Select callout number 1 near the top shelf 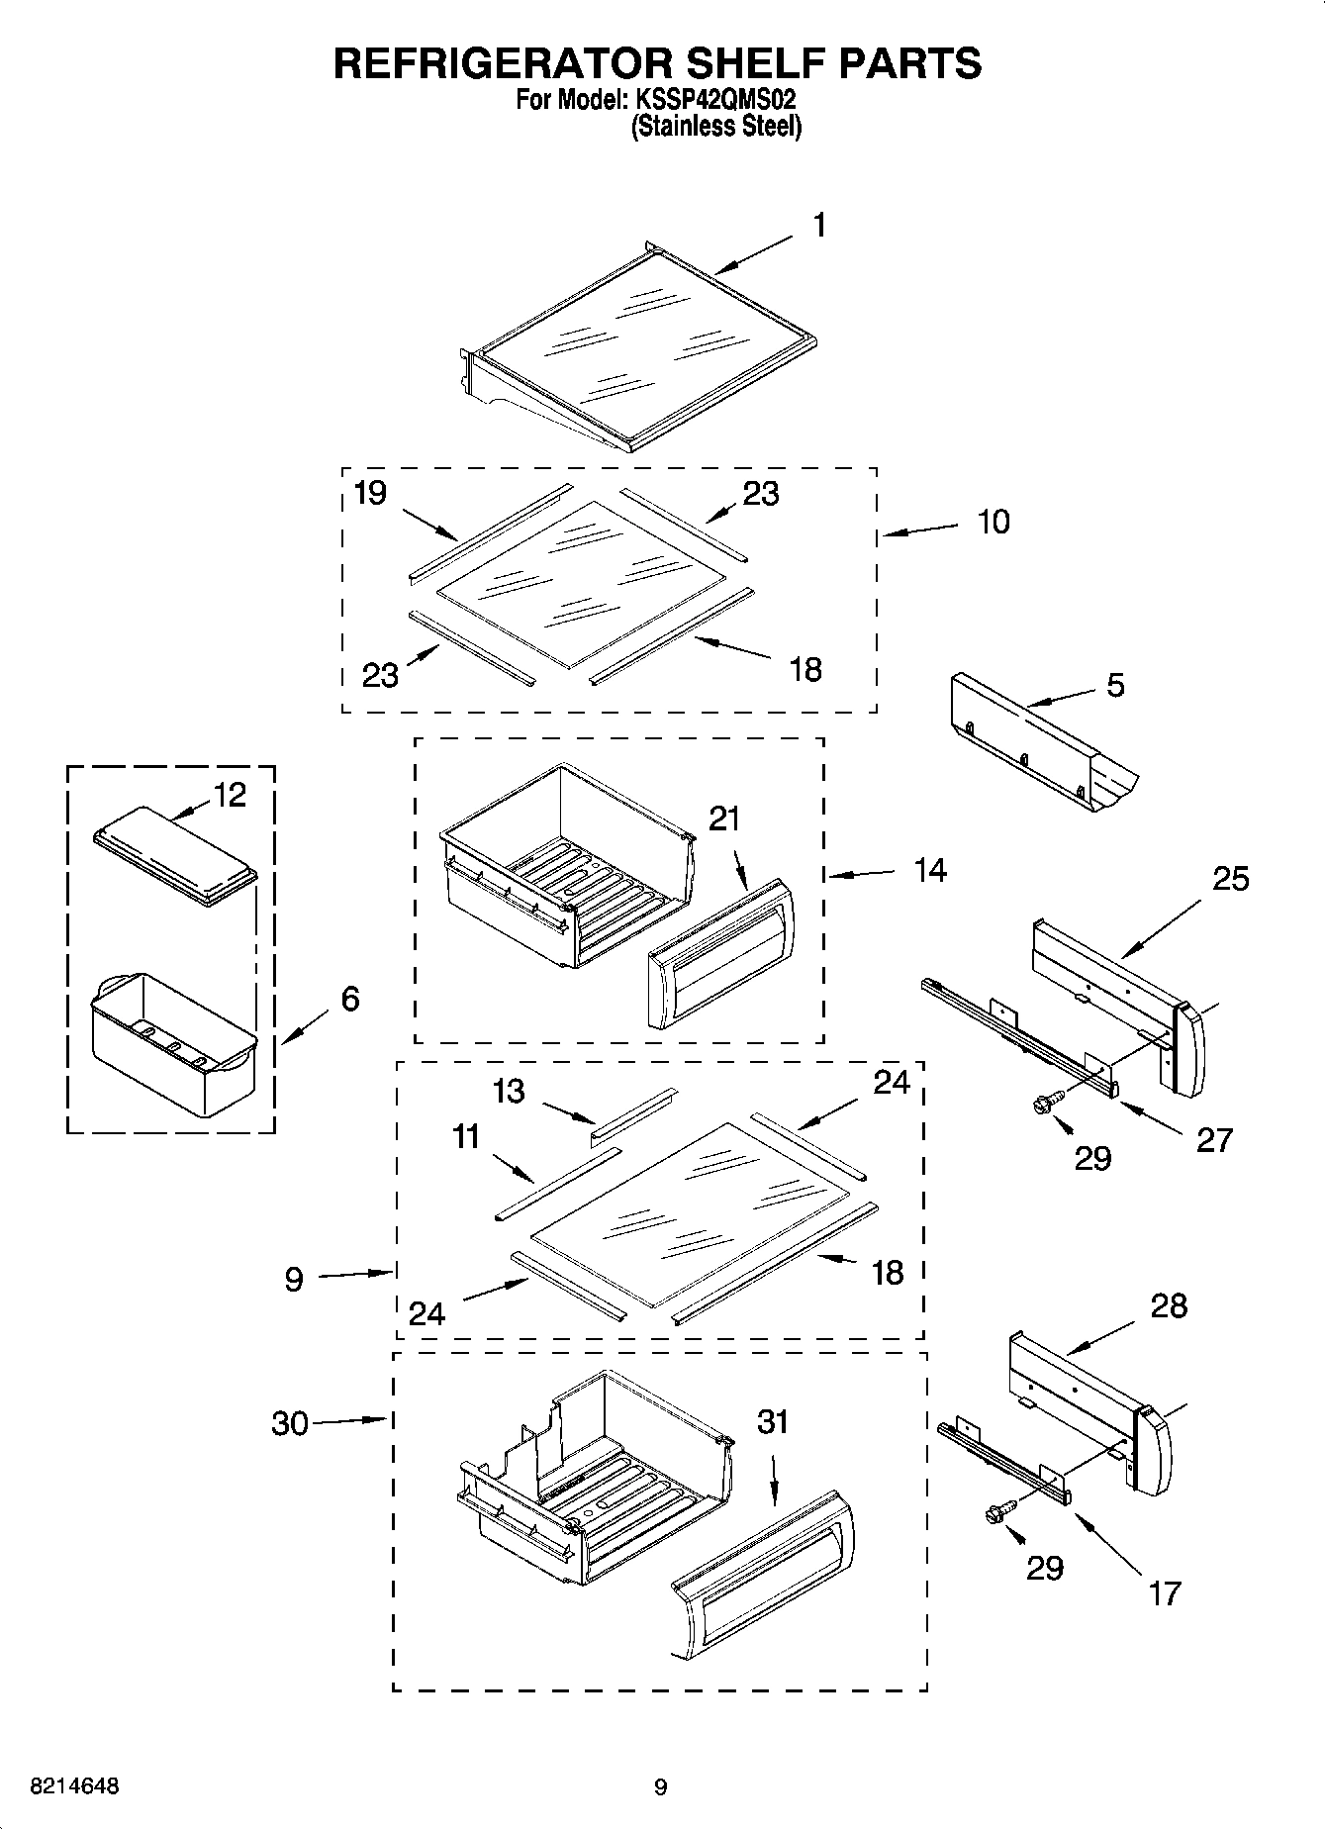point(819,226)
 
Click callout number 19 point(370,493)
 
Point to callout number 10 point(994,522)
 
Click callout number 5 point(1115,685)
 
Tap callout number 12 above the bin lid point(230,795)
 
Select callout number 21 point(724,819)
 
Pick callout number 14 point(930,870)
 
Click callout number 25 point(1231,878)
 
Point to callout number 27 point(1214,1139)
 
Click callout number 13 point(509,1091)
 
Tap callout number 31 point(772,1421)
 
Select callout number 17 point(1166,1592)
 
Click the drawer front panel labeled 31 point(762,1574)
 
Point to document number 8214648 point(75,1786)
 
